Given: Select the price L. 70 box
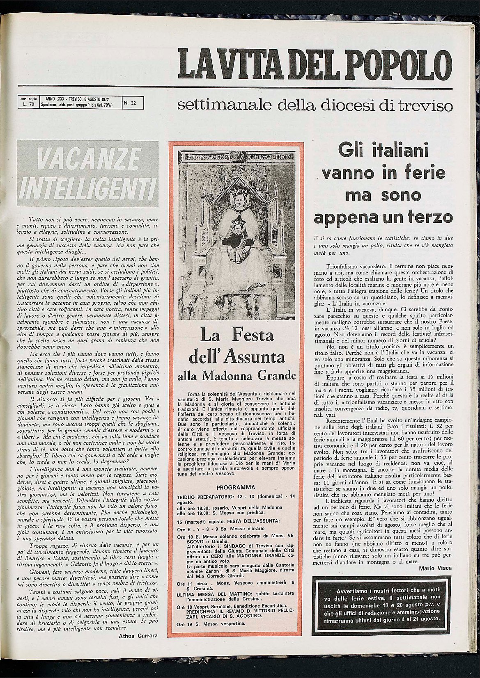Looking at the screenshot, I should (28, 103).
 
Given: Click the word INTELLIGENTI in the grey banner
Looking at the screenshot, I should (87, 187).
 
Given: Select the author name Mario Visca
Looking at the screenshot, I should (436, 568).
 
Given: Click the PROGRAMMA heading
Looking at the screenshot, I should (236, 488).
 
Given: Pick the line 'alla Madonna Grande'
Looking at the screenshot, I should (236, 375).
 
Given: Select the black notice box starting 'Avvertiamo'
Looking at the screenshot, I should (381, 605).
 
